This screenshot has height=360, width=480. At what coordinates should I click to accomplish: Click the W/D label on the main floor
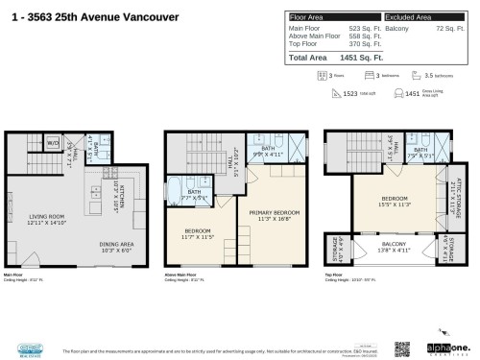(53, 143)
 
